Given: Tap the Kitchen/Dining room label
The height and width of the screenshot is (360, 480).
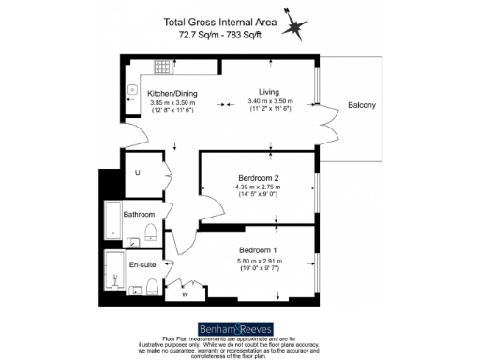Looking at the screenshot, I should [171, 93].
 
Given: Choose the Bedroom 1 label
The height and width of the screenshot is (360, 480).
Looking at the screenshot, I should [257, 249].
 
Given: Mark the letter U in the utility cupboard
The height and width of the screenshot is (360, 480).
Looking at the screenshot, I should [137, 172].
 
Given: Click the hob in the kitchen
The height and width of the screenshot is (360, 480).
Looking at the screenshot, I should [160, 67].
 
